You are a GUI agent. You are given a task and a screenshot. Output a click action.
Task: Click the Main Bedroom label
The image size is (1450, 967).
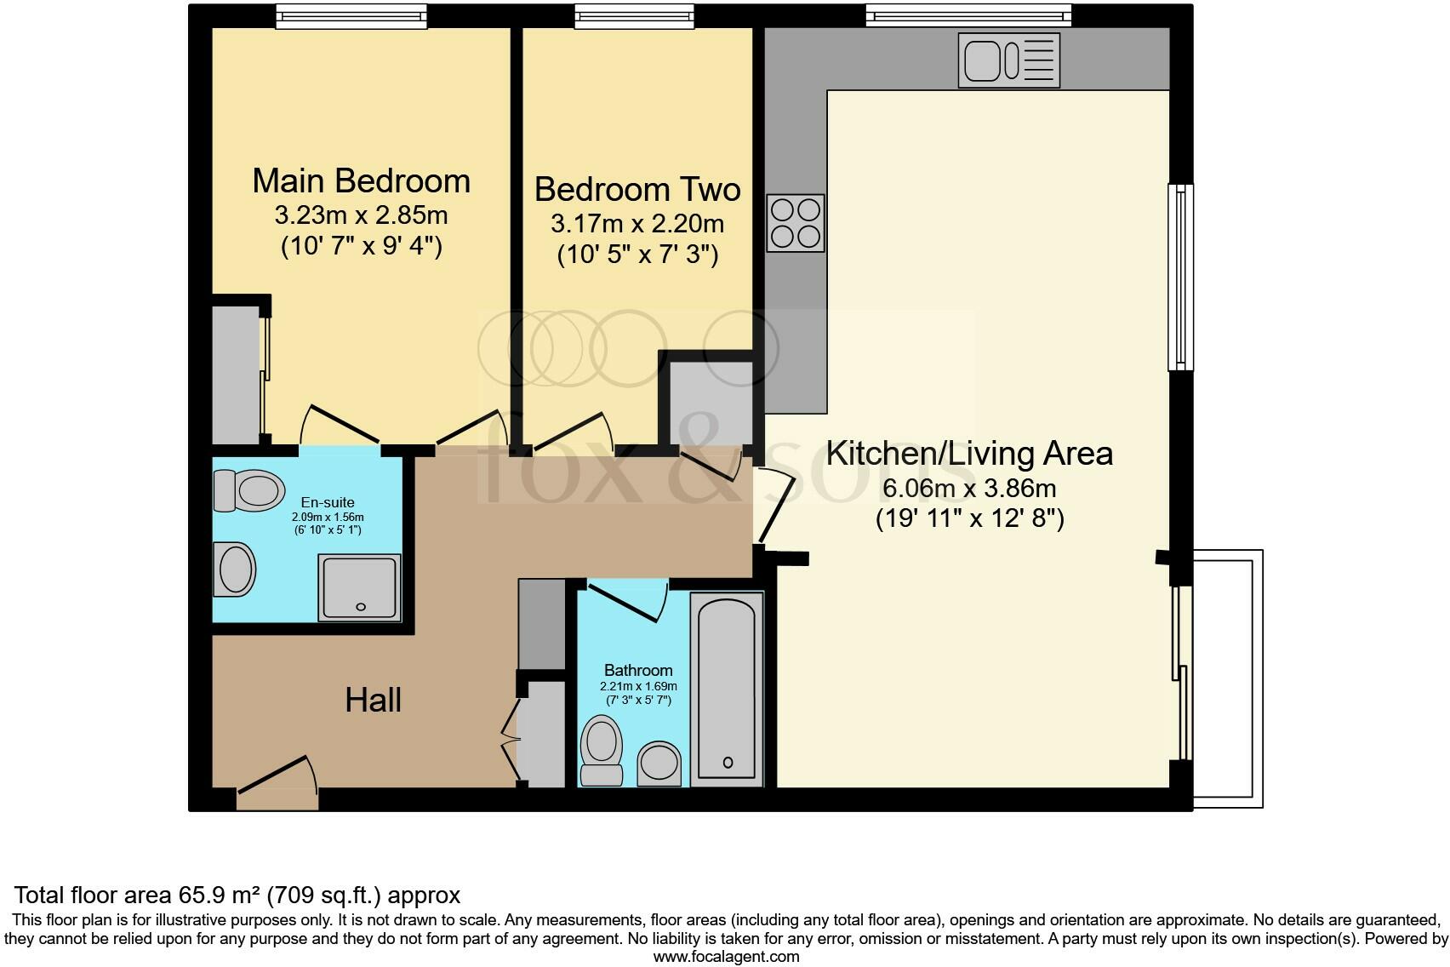point(361,181)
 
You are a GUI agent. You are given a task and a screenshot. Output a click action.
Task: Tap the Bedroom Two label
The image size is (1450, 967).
point(637,189)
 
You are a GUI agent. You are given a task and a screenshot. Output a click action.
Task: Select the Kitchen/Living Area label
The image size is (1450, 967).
point(969,454)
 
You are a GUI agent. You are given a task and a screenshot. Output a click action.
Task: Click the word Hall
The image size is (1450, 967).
point(373,701)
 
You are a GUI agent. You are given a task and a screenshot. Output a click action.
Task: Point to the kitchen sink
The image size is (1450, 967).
point(1008,60)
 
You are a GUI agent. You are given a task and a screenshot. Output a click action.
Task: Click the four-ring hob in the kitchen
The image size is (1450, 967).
point(796,223)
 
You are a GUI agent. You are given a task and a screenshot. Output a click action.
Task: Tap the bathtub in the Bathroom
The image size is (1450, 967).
point(726,689)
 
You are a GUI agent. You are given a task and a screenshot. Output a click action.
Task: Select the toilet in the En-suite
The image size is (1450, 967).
point(248,490)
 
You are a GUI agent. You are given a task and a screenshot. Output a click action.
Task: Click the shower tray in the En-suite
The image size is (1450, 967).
point(359,586)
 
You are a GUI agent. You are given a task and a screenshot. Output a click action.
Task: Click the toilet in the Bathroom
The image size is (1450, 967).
point(602,749)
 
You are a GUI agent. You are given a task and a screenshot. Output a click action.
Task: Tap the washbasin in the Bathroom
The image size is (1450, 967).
point(659,762)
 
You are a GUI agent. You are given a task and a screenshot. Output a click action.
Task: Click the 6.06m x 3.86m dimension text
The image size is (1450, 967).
point(969,489)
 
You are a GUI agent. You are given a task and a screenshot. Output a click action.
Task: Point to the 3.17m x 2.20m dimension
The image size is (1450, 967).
point(637,224)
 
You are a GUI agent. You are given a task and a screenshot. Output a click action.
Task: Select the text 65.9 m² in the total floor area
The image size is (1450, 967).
point(219,895)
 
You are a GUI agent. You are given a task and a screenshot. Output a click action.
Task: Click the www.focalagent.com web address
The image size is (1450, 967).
point(726,957)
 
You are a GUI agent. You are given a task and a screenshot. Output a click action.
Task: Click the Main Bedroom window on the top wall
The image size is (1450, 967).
point(351,15)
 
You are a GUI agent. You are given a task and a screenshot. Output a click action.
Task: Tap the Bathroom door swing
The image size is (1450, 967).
point(630,601)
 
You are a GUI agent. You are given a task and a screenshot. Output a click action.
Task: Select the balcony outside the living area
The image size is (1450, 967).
point(1226,678)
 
